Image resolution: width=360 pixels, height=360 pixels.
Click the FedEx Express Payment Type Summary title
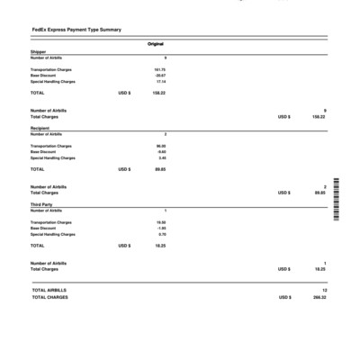tap(76, 30)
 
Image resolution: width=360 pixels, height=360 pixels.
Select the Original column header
tap(156, 44)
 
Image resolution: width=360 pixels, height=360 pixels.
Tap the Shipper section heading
tap(38, 52)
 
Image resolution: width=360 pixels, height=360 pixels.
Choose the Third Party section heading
tap(40, 204)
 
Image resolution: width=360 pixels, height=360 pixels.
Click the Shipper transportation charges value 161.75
tap(159, 69)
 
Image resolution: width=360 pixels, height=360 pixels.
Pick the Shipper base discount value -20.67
tap(160, 76)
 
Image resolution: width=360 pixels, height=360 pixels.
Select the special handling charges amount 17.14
tap(160, 82)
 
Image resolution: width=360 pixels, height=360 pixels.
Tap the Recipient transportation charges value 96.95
tap(161, 146)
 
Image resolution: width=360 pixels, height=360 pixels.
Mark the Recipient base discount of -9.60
tap(161, 152)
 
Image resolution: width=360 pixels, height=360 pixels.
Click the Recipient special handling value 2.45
tap(162, 157)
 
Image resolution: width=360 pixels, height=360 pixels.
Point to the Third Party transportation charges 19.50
tap(161, 221)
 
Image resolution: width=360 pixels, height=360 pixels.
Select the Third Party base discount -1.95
tap(161, 228)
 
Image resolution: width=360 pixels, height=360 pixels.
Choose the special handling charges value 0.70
tap(162, 234)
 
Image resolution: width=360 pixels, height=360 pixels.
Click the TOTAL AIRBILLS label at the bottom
tap(49, 291)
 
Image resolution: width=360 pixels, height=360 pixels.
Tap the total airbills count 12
tap(324, 291)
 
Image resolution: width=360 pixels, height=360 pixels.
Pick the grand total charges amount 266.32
tap(319, 297)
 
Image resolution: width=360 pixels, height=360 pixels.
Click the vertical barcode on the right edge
tap(336, 200)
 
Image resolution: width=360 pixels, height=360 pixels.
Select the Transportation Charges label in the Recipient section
tap(51, 146)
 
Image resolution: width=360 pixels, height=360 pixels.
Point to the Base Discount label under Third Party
tap(43, 228)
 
